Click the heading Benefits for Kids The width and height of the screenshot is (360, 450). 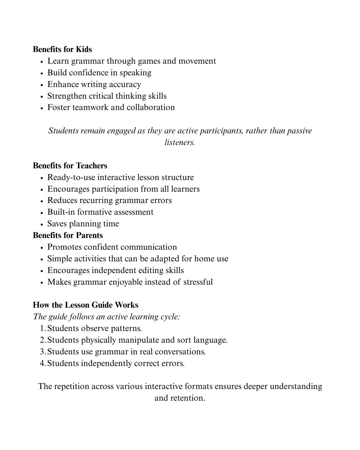62,49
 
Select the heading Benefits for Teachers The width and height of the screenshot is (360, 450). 70,166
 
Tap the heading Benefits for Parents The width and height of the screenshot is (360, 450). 68,235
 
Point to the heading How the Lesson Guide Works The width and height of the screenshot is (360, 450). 85,305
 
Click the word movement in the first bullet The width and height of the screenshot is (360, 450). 197,61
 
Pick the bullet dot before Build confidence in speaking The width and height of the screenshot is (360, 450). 42,73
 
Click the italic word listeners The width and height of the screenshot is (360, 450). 179,142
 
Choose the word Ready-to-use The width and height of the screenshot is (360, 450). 71,177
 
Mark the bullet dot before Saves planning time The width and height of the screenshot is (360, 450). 42,224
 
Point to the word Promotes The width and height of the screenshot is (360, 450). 64,247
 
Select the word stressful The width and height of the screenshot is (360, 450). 198,282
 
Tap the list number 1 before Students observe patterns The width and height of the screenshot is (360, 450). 42,328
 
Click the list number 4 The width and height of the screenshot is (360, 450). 42,363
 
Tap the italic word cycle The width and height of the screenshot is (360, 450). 171,317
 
